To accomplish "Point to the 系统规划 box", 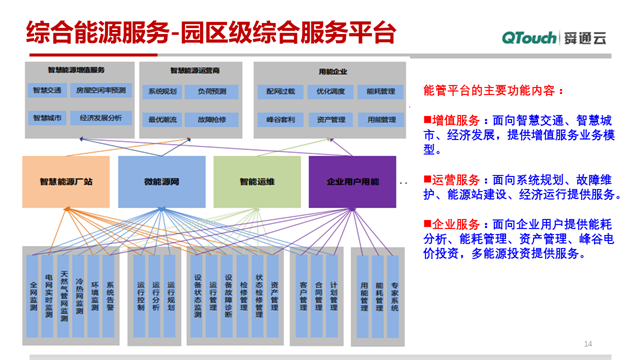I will coord(163,91).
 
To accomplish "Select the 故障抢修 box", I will coord(213,118).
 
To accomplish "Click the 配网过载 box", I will coord(281,91).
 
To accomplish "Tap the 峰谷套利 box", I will coord(281,118).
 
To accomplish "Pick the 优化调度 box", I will coord(331,91).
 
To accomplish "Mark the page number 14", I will coord(587,345).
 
